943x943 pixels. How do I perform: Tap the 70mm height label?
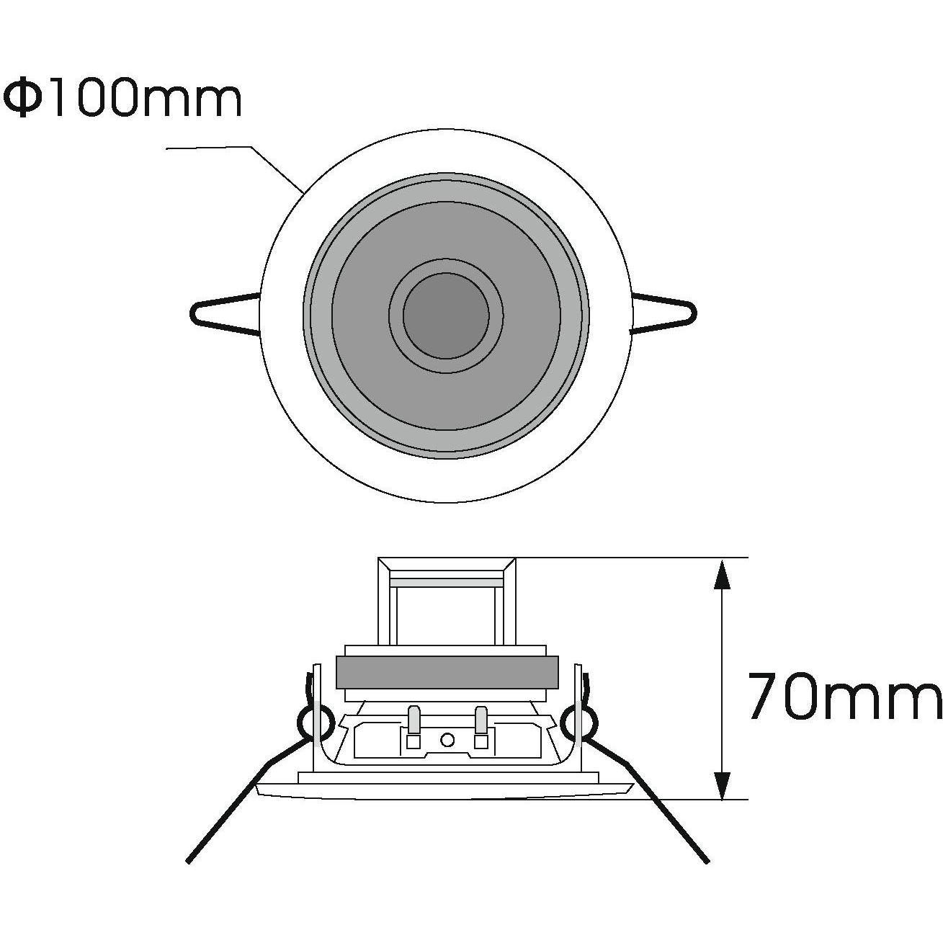(x=845, y=695)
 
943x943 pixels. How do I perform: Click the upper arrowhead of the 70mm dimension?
(x=723, y=576)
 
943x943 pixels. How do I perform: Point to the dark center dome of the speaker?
(x=446, y=316)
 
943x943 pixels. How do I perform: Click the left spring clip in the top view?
(x=225, y=313)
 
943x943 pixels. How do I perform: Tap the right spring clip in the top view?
(x=664, y=313)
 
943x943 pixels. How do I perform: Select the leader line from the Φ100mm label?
(x=235, y=169)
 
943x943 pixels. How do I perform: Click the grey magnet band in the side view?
(x=447, y=672)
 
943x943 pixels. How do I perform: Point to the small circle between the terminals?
(x=447, y=739)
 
